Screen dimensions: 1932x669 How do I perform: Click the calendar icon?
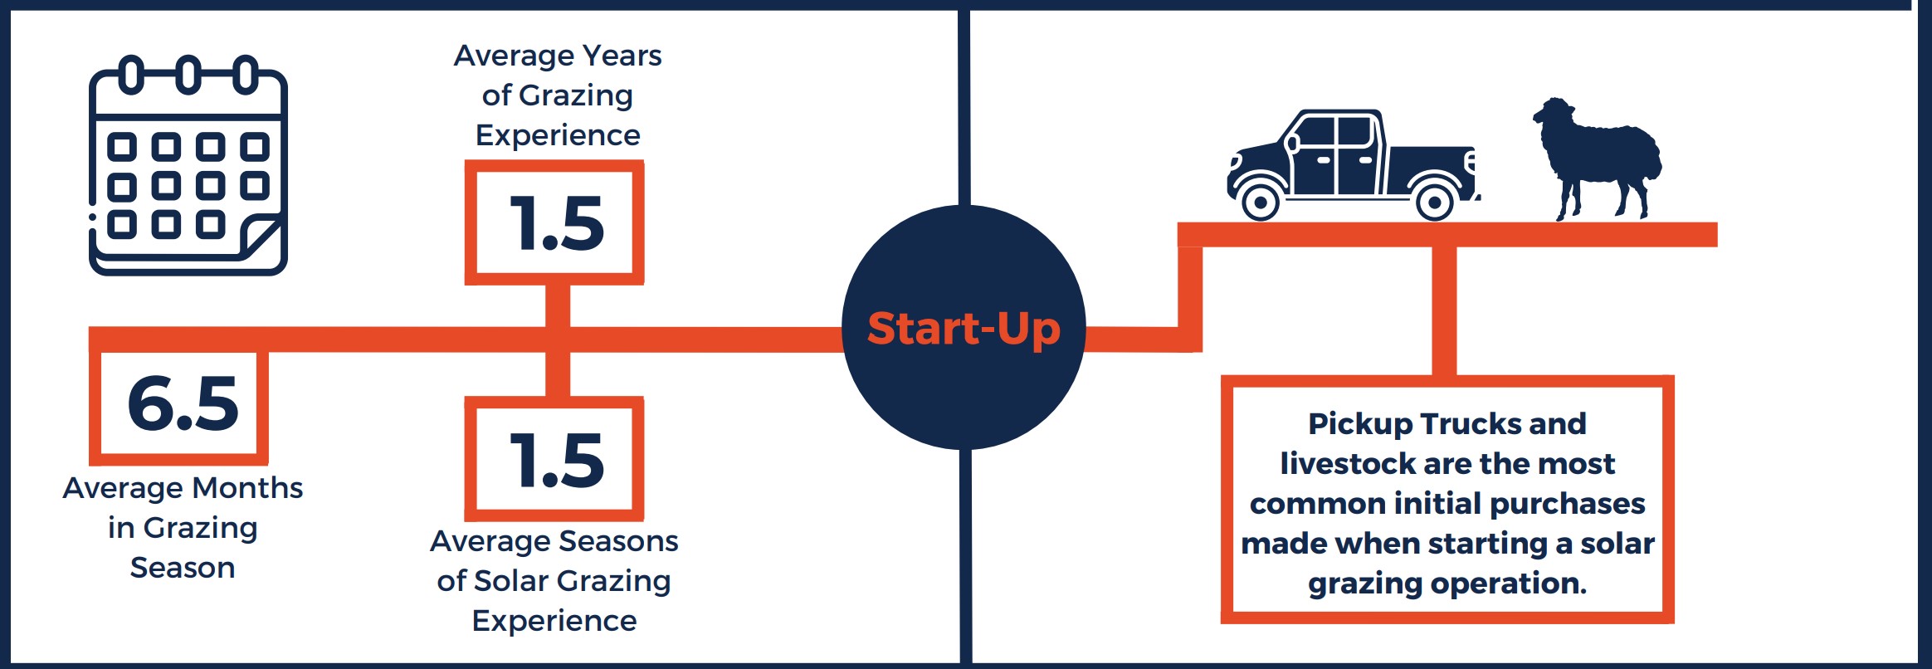tap(188, 165)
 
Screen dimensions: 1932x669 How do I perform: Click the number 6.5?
tap(183, 403)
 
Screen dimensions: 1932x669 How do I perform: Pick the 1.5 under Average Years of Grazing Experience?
tap(556, 223)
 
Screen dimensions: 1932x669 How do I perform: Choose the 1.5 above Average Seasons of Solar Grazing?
tap(556, 460)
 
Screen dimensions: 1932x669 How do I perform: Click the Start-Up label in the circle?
tap(964, 329)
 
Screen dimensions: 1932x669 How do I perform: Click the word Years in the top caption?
tap(622, 56)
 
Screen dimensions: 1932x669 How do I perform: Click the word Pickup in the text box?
tap(1360, 425)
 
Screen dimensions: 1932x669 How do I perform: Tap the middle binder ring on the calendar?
tap(188, 75)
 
